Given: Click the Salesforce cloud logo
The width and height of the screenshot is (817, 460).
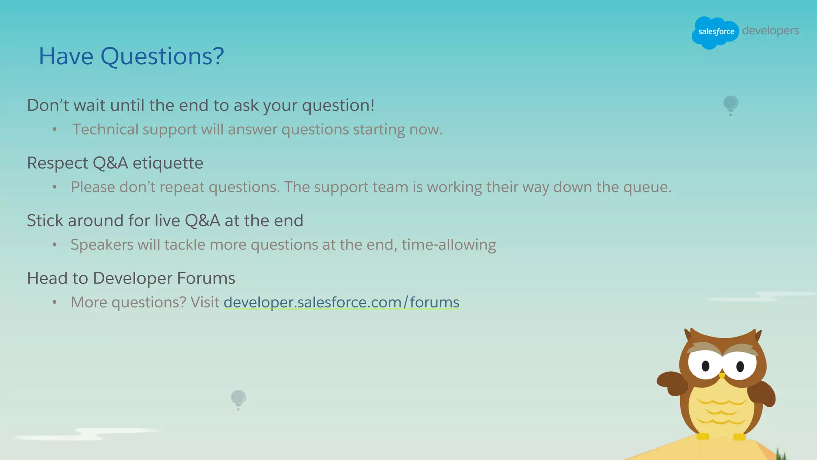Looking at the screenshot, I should [715, 32].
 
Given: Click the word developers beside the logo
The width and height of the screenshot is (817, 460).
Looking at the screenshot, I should [770, 31].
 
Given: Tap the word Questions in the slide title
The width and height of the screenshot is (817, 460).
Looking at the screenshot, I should [162, 56].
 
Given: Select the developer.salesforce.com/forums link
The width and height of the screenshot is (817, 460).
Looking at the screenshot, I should [341, 302].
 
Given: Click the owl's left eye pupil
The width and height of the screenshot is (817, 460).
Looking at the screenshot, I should [705, 365].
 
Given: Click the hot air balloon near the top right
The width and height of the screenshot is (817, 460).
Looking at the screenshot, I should [730, 104].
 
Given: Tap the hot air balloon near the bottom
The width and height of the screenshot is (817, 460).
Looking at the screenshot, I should [238, 399].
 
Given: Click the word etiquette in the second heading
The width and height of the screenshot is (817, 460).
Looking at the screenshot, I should [168, 163].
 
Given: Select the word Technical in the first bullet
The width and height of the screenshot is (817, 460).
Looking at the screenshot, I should [105, 130].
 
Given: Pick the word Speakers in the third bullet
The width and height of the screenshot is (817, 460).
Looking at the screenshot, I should [102, 245].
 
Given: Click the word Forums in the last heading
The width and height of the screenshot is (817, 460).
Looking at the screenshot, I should [206, 278].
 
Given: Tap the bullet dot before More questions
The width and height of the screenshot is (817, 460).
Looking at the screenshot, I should [55, 302].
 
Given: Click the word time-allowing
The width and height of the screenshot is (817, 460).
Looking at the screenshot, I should [449, 245].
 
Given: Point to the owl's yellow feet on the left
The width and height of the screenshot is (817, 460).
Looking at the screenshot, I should [703, 436].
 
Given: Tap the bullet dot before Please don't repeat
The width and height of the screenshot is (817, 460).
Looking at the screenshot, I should [55, 187].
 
